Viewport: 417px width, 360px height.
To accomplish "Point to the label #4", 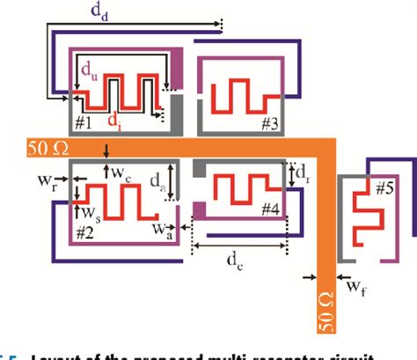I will tap(269, 209).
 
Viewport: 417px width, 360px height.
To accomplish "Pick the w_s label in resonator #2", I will tap(89, 212).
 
